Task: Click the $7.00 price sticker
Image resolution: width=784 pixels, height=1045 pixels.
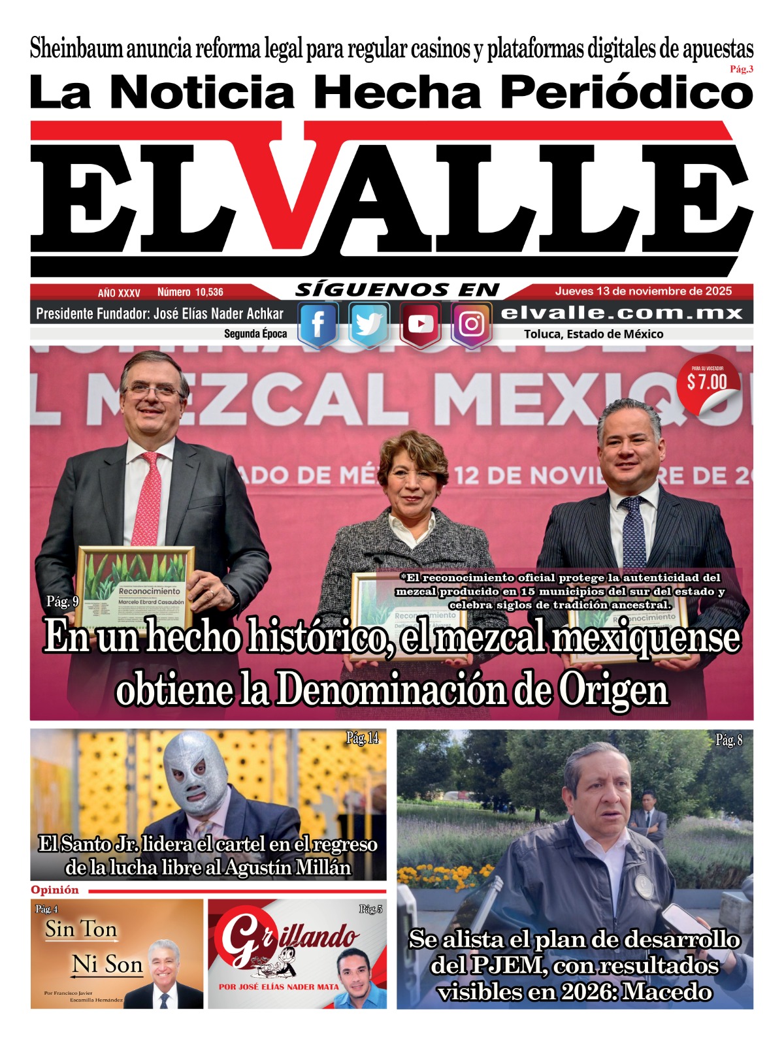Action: pos(707,382)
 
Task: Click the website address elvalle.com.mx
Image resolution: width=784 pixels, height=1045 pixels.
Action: pos(622,313)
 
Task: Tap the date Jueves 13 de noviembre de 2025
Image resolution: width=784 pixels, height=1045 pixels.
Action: pos(644,291)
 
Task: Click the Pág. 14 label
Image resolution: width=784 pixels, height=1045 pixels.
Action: pos(362,739)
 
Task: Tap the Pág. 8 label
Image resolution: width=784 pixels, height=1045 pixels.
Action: pos(728,740)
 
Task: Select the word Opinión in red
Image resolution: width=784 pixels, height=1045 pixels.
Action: pos(55,890)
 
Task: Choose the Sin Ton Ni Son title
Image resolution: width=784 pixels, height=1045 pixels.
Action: pos(93,947)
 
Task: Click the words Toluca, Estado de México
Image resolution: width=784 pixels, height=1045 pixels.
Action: pos(593,334)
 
